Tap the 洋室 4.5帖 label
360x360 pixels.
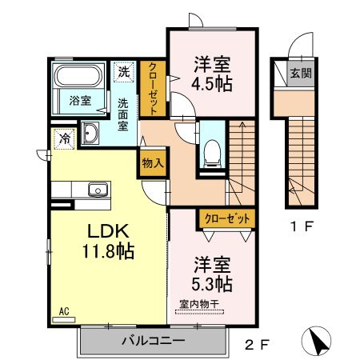point(212,73)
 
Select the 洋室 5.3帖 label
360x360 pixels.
point(212,273)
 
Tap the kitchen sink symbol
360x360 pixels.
point(98,190)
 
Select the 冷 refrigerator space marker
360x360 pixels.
point(63,139)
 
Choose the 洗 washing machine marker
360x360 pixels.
point(124,71)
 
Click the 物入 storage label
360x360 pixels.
point(153,163)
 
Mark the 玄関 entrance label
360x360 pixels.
point(301,74)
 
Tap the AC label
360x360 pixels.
point(64,310)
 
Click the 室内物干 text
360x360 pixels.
point(200,304)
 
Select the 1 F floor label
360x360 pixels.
point(301,226)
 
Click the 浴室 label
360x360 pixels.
point(79,101)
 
